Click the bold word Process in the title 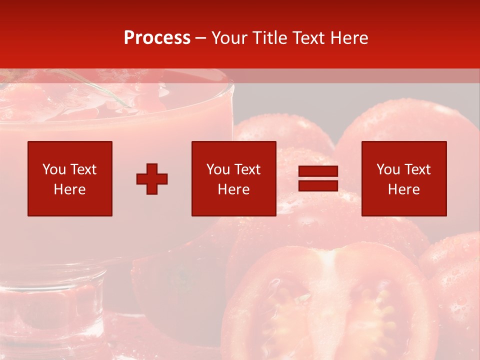157,38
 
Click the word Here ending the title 349,38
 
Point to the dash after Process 201,38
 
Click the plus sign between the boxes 152,178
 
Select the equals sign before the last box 318,178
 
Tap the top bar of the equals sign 318,171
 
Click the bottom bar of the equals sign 318,185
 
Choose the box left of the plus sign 70,178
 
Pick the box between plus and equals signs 233,178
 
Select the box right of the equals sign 404,178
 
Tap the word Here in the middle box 233,189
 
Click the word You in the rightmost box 388,169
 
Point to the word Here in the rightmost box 404,189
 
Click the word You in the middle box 218,169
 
